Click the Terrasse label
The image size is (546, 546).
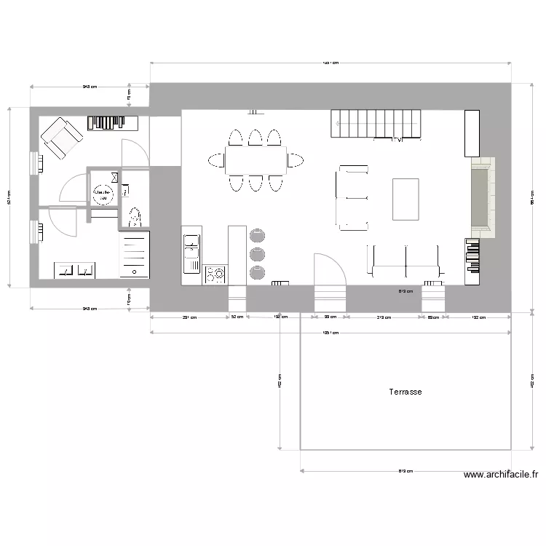405,392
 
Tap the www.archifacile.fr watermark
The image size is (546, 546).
501,475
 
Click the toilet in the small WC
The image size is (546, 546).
134,217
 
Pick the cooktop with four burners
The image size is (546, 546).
215,274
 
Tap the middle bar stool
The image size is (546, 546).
258,253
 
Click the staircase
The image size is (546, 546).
377,123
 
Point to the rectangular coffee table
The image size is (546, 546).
405,199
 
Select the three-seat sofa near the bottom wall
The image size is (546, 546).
405,264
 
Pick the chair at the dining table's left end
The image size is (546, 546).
216,160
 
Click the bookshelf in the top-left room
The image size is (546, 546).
114,122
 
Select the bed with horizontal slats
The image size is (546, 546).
135,255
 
